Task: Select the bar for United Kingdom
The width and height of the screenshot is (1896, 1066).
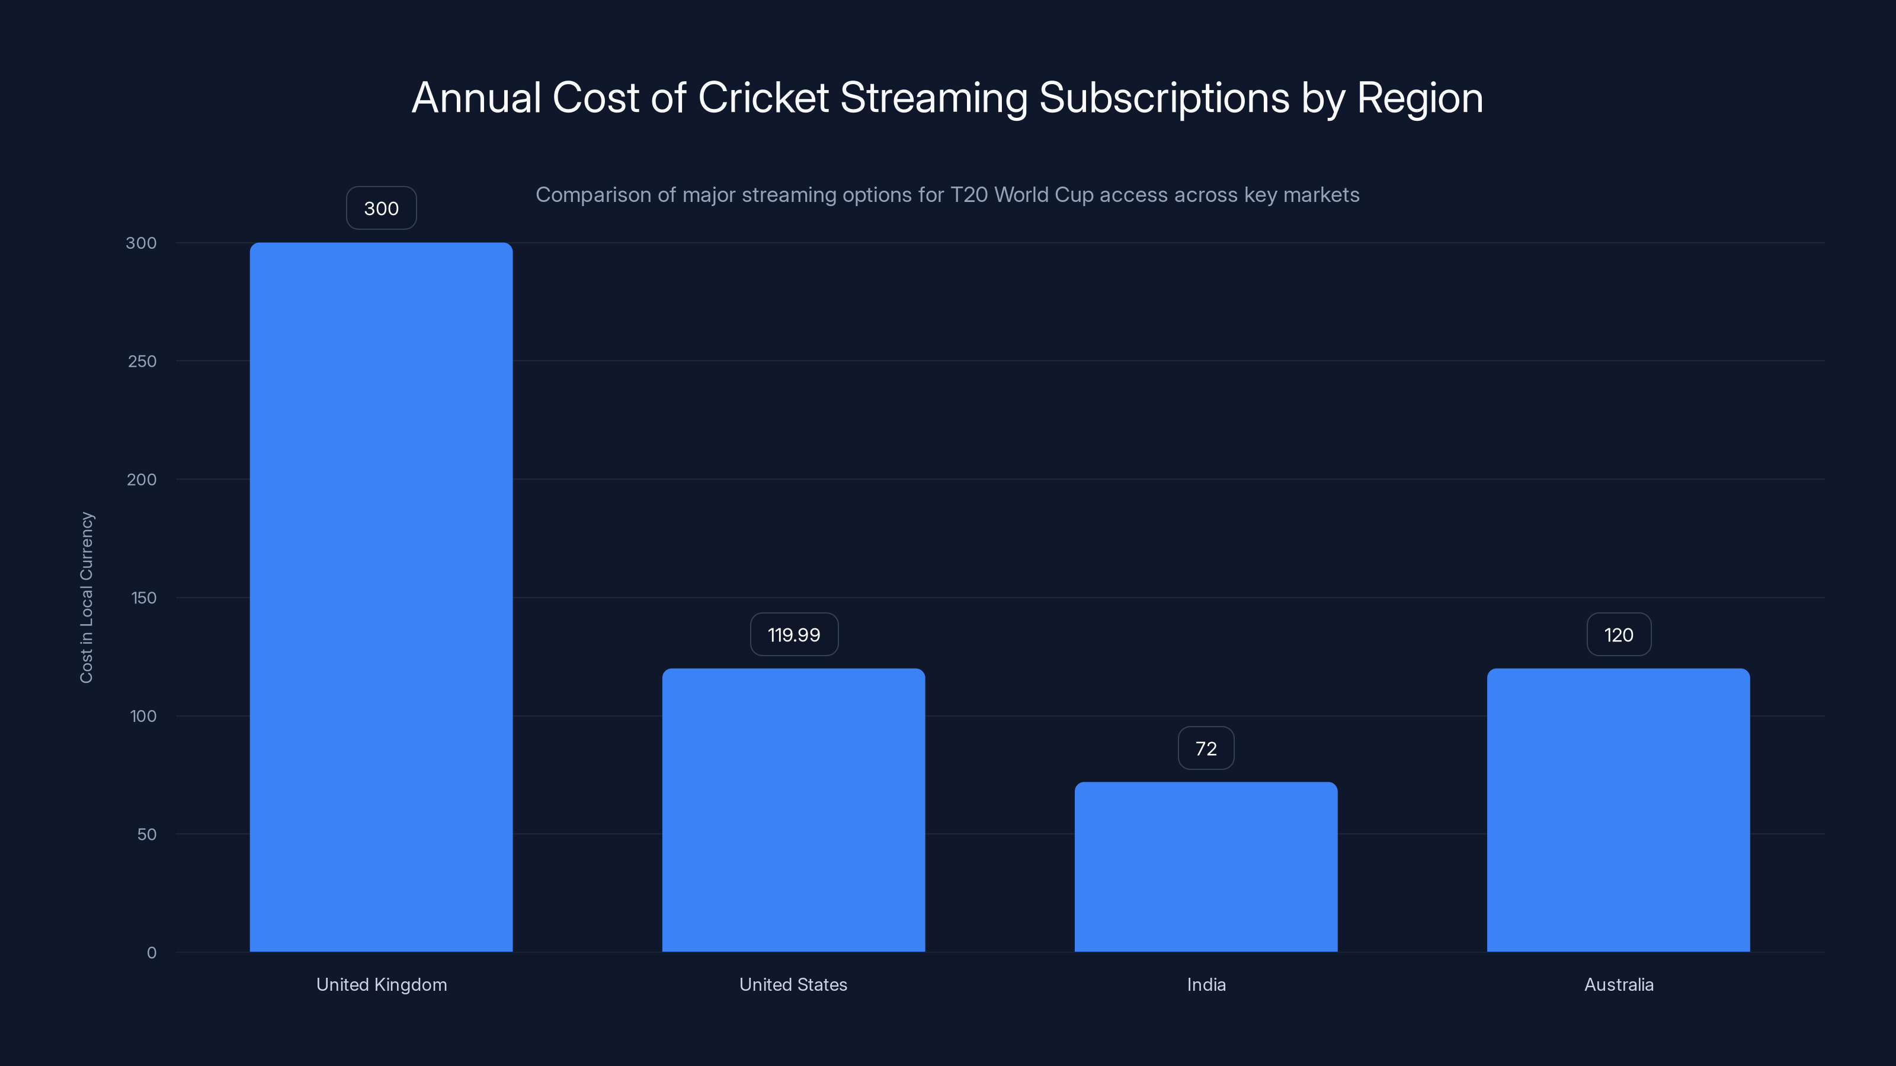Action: click(x=381, y=596)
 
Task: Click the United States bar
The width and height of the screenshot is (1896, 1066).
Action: click(x=793, y=809)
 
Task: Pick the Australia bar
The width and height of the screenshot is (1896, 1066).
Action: click(x=1618, y=809)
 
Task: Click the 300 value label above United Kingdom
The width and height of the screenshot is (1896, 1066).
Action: click(x=381, y=208)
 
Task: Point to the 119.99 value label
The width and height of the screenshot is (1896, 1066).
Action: click(x=793, y=634)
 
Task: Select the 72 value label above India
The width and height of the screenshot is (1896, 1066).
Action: click(x=1206, y=748)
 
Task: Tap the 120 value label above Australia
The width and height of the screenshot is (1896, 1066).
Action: click(x=1618, y=634)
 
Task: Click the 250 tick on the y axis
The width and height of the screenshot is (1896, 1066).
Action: click(x=142, y=361)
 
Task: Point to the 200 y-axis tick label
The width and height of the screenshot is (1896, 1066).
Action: click(x=142, y=480)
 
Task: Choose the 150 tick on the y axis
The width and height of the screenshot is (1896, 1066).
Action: click(x=143, y=598)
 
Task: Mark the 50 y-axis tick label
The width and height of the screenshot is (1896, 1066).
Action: click(x=146, y=834)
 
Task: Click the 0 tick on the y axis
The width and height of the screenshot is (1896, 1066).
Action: click(x=152, y=953)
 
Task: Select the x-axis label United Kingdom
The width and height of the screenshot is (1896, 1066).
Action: click(x=381, y=984)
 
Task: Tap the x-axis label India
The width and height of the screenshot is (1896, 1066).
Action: click(x=1206, y=984)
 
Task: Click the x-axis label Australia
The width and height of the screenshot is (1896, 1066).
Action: click(x=1618, y=984)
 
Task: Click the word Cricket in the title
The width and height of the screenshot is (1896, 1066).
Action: click(x=763, y=98)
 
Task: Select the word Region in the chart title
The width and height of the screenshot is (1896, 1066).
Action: click(x=1419, y=98)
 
